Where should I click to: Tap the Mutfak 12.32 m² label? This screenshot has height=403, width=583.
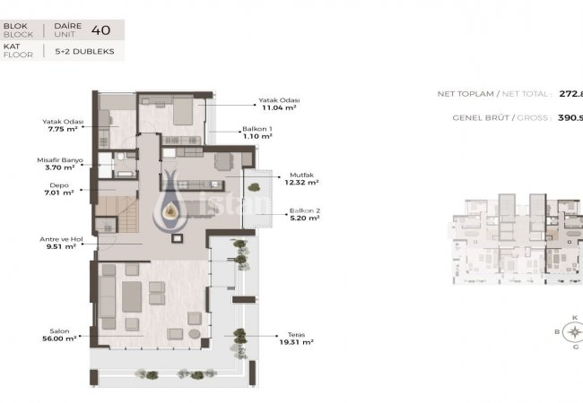click(300, 178)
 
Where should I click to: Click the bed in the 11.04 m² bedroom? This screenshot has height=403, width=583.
click(180, 111)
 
